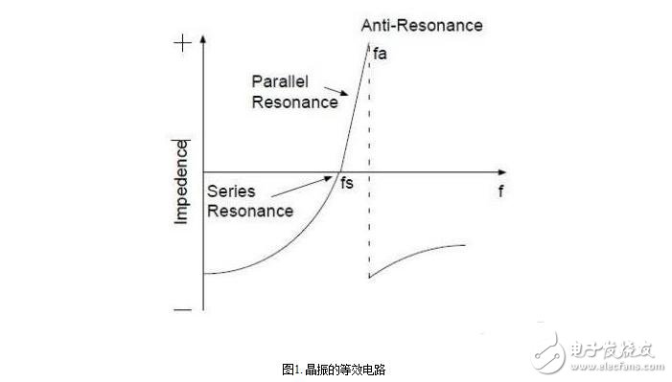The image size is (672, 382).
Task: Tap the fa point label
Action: [x=381, y=54]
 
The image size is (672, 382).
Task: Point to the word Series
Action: [x=229, y=191]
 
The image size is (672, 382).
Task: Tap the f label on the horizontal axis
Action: [x=500, y=191]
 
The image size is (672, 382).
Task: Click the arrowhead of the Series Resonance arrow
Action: [x=338, y=175]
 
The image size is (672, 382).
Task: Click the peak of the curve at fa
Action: [x=368, y=45]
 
